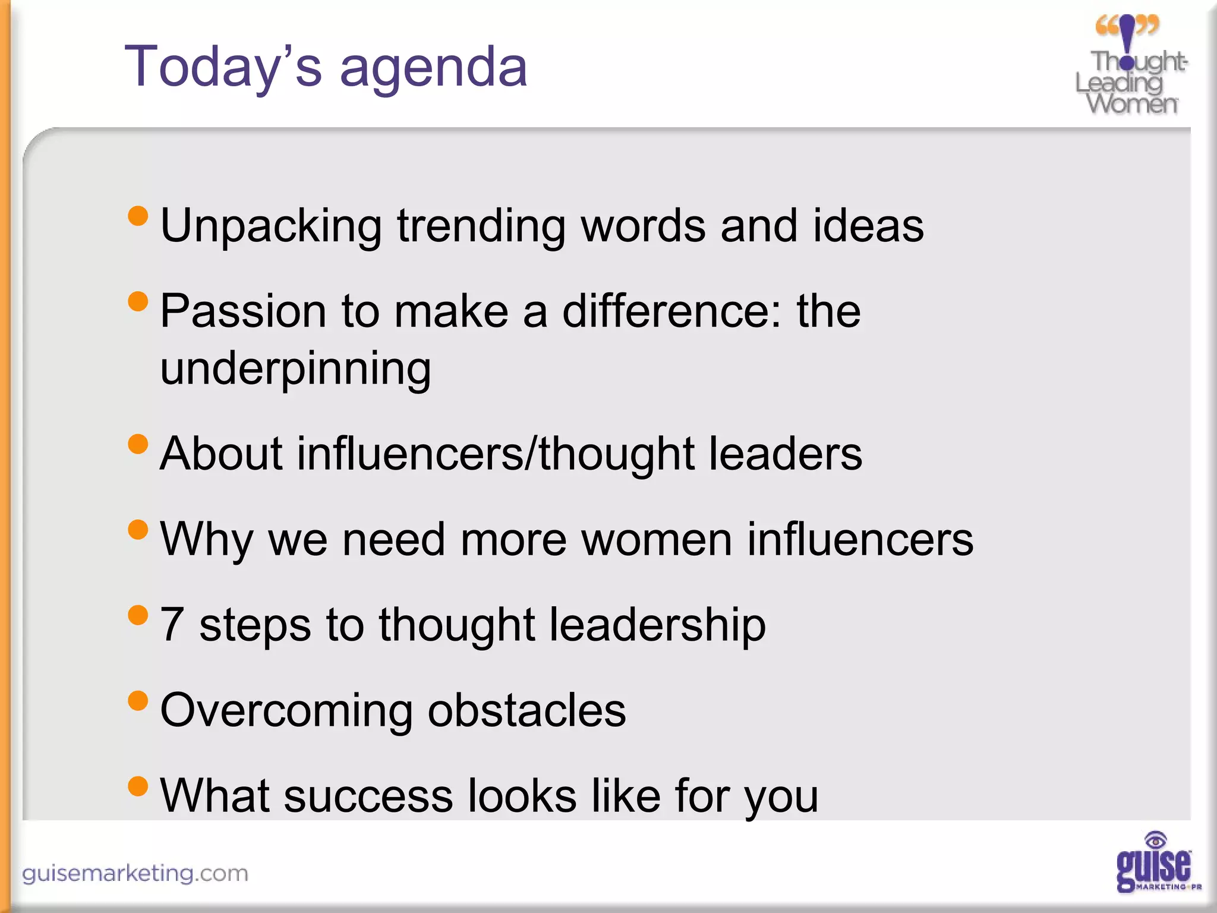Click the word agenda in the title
(x=433, y=68)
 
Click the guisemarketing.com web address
(x=135, y=873)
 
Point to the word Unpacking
(x=270, y=227)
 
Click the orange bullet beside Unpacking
(x=138, y=216)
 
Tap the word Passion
(x=243, y=311)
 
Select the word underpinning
(x=295, y=369)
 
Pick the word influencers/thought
(x=496, y=454)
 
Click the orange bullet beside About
(x=138, y=444)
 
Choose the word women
(x=656, y=540)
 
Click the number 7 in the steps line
(x=172, y=624)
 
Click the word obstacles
(x=526, y=710)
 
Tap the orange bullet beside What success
(x=138, y=786)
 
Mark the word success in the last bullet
(x=368, y=796)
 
